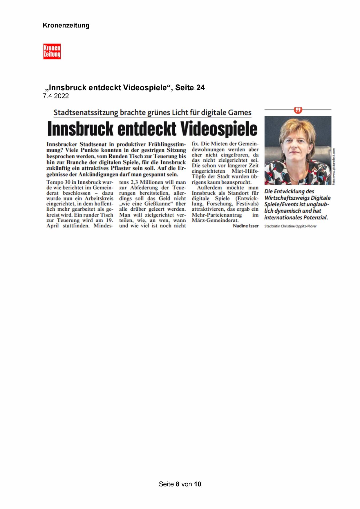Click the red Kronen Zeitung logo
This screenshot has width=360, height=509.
(52, 51)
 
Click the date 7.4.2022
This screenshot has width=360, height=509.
(56, 96)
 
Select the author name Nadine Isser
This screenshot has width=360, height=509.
(246, 226)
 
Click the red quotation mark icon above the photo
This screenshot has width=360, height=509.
(298, 110)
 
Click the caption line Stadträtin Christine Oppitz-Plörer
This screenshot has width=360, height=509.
(290, 226)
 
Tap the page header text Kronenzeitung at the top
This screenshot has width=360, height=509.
(66, 26)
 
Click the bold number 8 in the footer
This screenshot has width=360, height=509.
(178, 484)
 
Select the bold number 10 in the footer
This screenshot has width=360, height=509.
(198, 484)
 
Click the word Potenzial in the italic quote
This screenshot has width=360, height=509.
(315, 217)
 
